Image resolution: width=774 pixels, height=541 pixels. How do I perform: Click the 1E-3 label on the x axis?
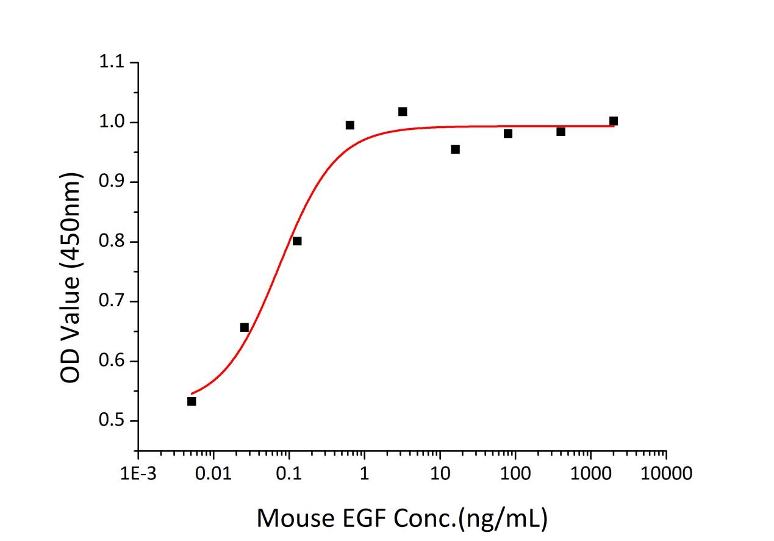tap(138, 474)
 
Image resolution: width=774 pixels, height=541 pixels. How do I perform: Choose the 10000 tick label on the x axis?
tap(666, 474)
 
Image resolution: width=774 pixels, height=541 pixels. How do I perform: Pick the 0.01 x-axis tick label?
tap(213, 474)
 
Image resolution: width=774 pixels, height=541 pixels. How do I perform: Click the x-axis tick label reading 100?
tap(515, 474)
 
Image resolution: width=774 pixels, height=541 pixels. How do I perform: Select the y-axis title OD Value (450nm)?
tap(71, 278)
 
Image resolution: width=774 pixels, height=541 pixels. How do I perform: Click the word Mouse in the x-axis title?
tap(291, 518)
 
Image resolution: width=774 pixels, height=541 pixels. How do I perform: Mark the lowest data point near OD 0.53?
tap(192, 401)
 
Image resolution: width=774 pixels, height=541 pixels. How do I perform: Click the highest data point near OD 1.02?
tap(403, 112)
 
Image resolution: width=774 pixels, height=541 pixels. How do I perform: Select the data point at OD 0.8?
tap(297, 241)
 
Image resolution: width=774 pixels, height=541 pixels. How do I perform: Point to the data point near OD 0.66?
tap(245, 328)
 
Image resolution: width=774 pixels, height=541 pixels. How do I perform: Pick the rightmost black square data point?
tap(614, 121)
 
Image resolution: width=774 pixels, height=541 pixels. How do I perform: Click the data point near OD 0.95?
tap(455, 149)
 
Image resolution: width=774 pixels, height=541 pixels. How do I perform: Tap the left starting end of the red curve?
tap(192, 393)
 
